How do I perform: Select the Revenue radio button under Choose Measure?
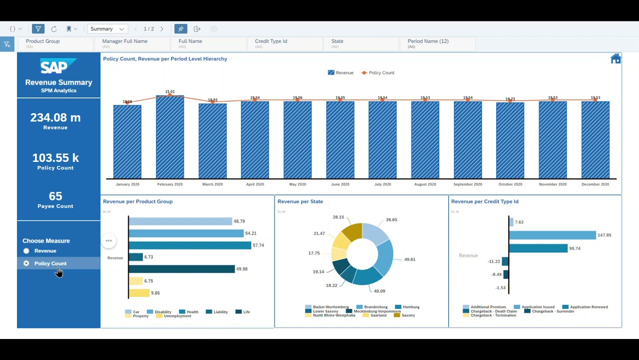[x=26, y=251]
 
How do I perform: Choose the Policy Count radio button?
[x=26, y=263]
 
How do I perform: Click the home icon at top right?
[x=616, y=59]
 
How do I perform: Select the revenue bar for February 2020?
[x=170, y=137]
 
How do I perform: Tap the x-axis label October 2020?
[x=510, y=184]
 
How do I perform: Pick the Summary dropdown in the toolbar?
[x=107, y=29]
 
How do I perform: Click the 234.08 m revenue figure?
[x=55, y=117]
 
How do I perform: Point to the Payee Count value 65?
[x=55, y=196]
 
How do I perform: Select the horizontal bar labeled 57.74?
[x=190, y=245]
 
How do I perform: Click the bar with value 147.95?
[x=552, y=235]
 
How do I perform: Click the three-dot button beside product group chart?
[x=108, y=241]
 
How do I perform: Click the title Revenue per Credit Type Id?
[x=484, y=201]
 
